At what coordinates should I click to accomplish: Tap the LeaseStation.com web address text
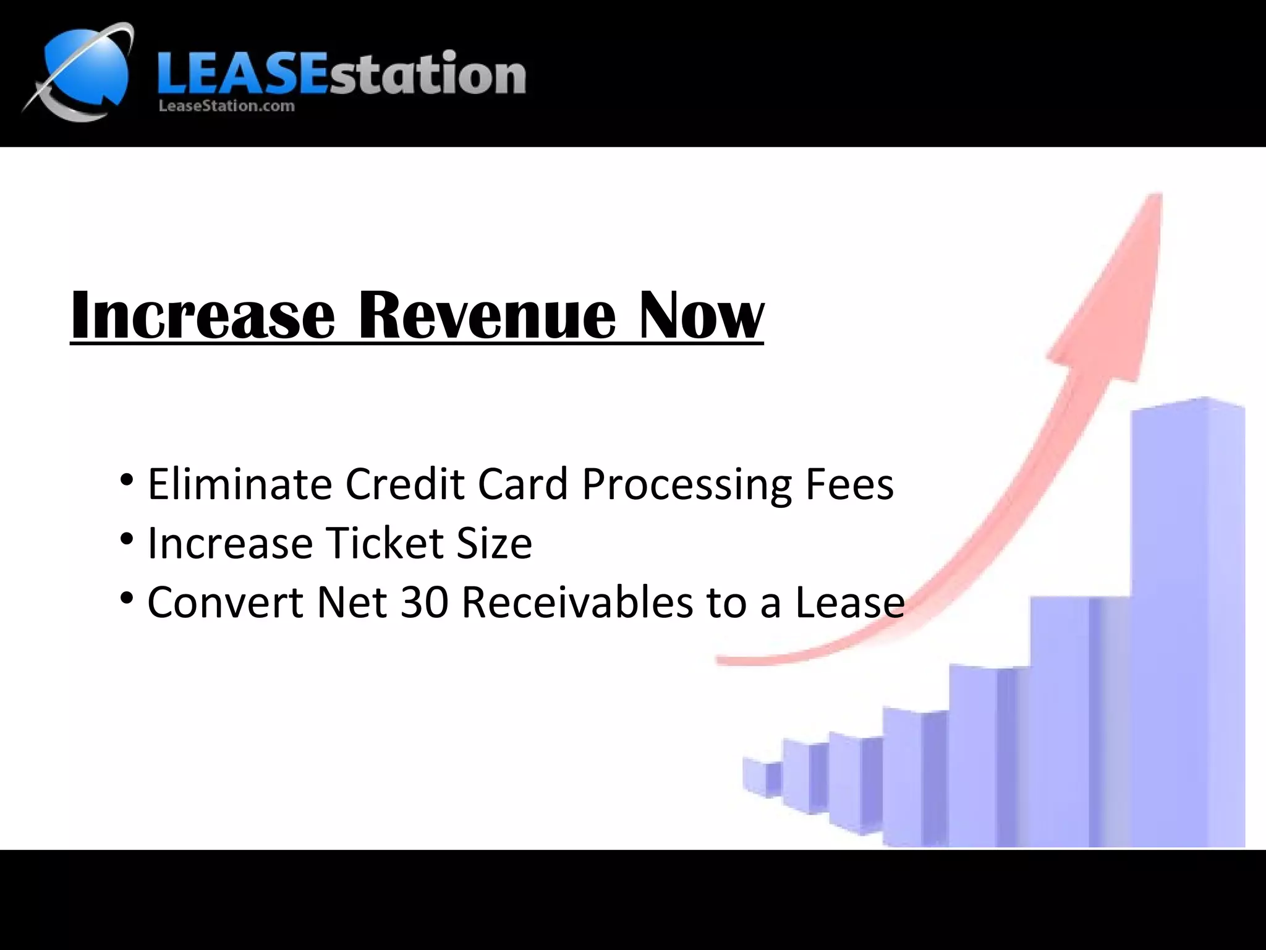coord(226,106)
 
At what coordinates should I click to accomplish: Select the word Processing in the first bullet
coord(686,485)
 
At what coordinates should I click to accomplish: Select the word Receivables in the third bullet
coord(577,602)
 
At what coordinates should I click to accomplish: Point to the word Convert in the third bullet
coord(225,602)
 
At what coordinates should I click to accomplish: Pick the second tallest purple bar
coord(1076,717)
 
